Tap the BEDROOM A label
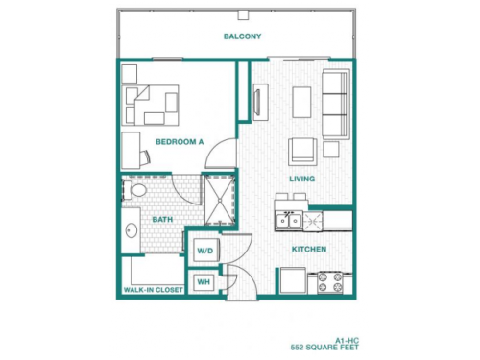pos(180,142)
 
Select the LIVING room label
pos(303,179)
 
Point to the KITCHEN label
pos(309,249)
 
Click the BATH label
pos(162,220)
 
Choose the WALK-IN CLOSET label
pos(152,289)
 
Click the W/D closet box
pos(205,251)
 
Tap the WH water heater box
pos(204,282)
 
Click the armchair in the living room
pos(302,150)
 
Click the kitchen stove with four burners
pos(331,280)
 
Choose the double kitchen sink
pos(290,222)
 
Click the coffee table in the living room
pos(302,100)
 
